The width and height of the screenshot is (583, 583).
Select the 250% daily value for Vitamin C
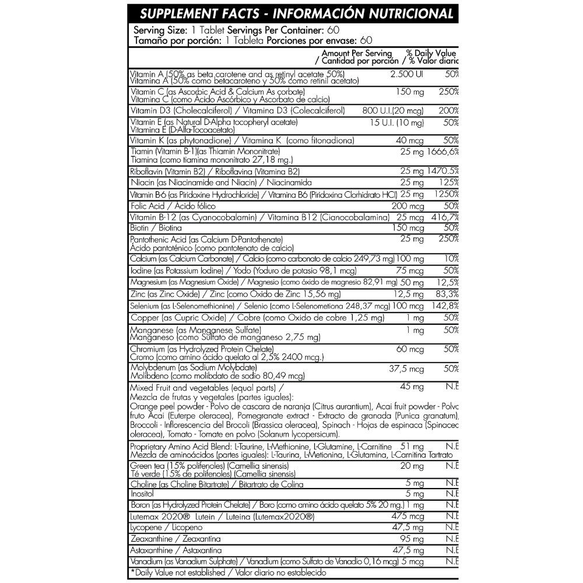[x=447, y=93]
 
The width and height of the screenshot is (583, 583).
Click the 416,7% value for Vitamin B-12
[x=444, y=217]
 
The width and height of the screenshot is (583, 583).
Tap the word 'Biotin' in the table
[x=142, y=228]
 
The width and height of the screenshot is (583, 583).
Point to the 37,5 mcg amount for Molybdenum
[x=406, y=369]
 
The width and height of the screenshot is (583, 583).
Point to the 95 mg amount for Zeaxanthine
[x=412, y=539]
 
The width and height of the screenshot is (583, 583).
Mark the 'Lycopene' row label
[x=147, y=528]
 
